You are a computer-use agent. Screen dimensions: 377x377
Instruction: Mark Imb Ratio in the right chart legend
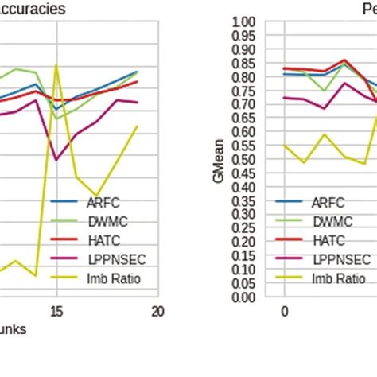point(337,278)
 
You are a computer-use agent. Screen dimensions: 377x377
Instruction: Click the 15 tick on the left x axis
point(56,312)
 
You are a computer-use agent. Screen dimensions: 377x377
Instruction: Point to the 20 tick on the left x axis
point(157,312)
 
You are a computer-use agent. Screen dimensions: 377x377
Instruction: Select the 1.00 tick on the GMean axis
point(243,21)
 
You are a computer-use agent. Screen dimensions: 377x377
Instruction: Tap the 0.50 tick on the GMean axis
point(243,159)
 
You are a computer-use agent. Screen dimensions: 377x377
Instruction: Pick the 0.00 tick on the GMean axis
point(243,297)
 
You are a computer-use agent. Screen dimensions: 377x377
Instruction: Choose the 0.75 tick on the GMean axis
point(243,91)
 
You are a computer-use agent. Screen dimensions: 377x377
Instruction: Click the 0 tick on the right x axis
point(284,312)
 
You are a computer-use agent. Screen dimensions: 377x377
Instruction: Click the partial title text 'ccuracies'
point(32,10)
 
